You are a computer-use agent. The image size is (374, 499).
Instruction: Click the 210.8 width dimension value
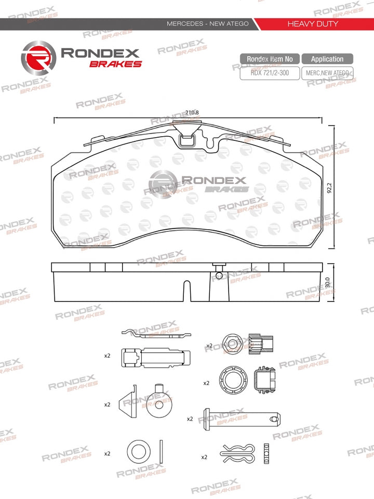192,112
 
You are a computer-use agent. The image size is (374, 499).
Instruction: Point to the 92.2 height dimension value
329,188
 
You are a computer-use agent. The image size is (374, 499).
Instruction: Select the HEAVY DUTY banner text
313,23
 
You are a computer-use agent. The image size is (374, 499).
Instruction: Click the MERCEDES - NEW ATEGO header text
208,23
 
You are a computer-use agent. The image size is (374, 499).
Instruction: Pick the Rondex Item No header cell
270,59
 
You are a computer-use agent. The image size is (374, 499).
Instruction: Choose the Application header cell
327,59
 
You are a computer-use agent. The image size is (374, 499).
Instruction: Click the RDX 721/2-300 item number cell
270,73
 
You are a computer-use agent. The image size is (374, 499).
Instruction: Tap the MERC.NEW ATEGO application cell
327,73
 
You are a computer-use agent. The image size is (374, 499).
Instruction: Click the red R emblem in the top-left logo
38,58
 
